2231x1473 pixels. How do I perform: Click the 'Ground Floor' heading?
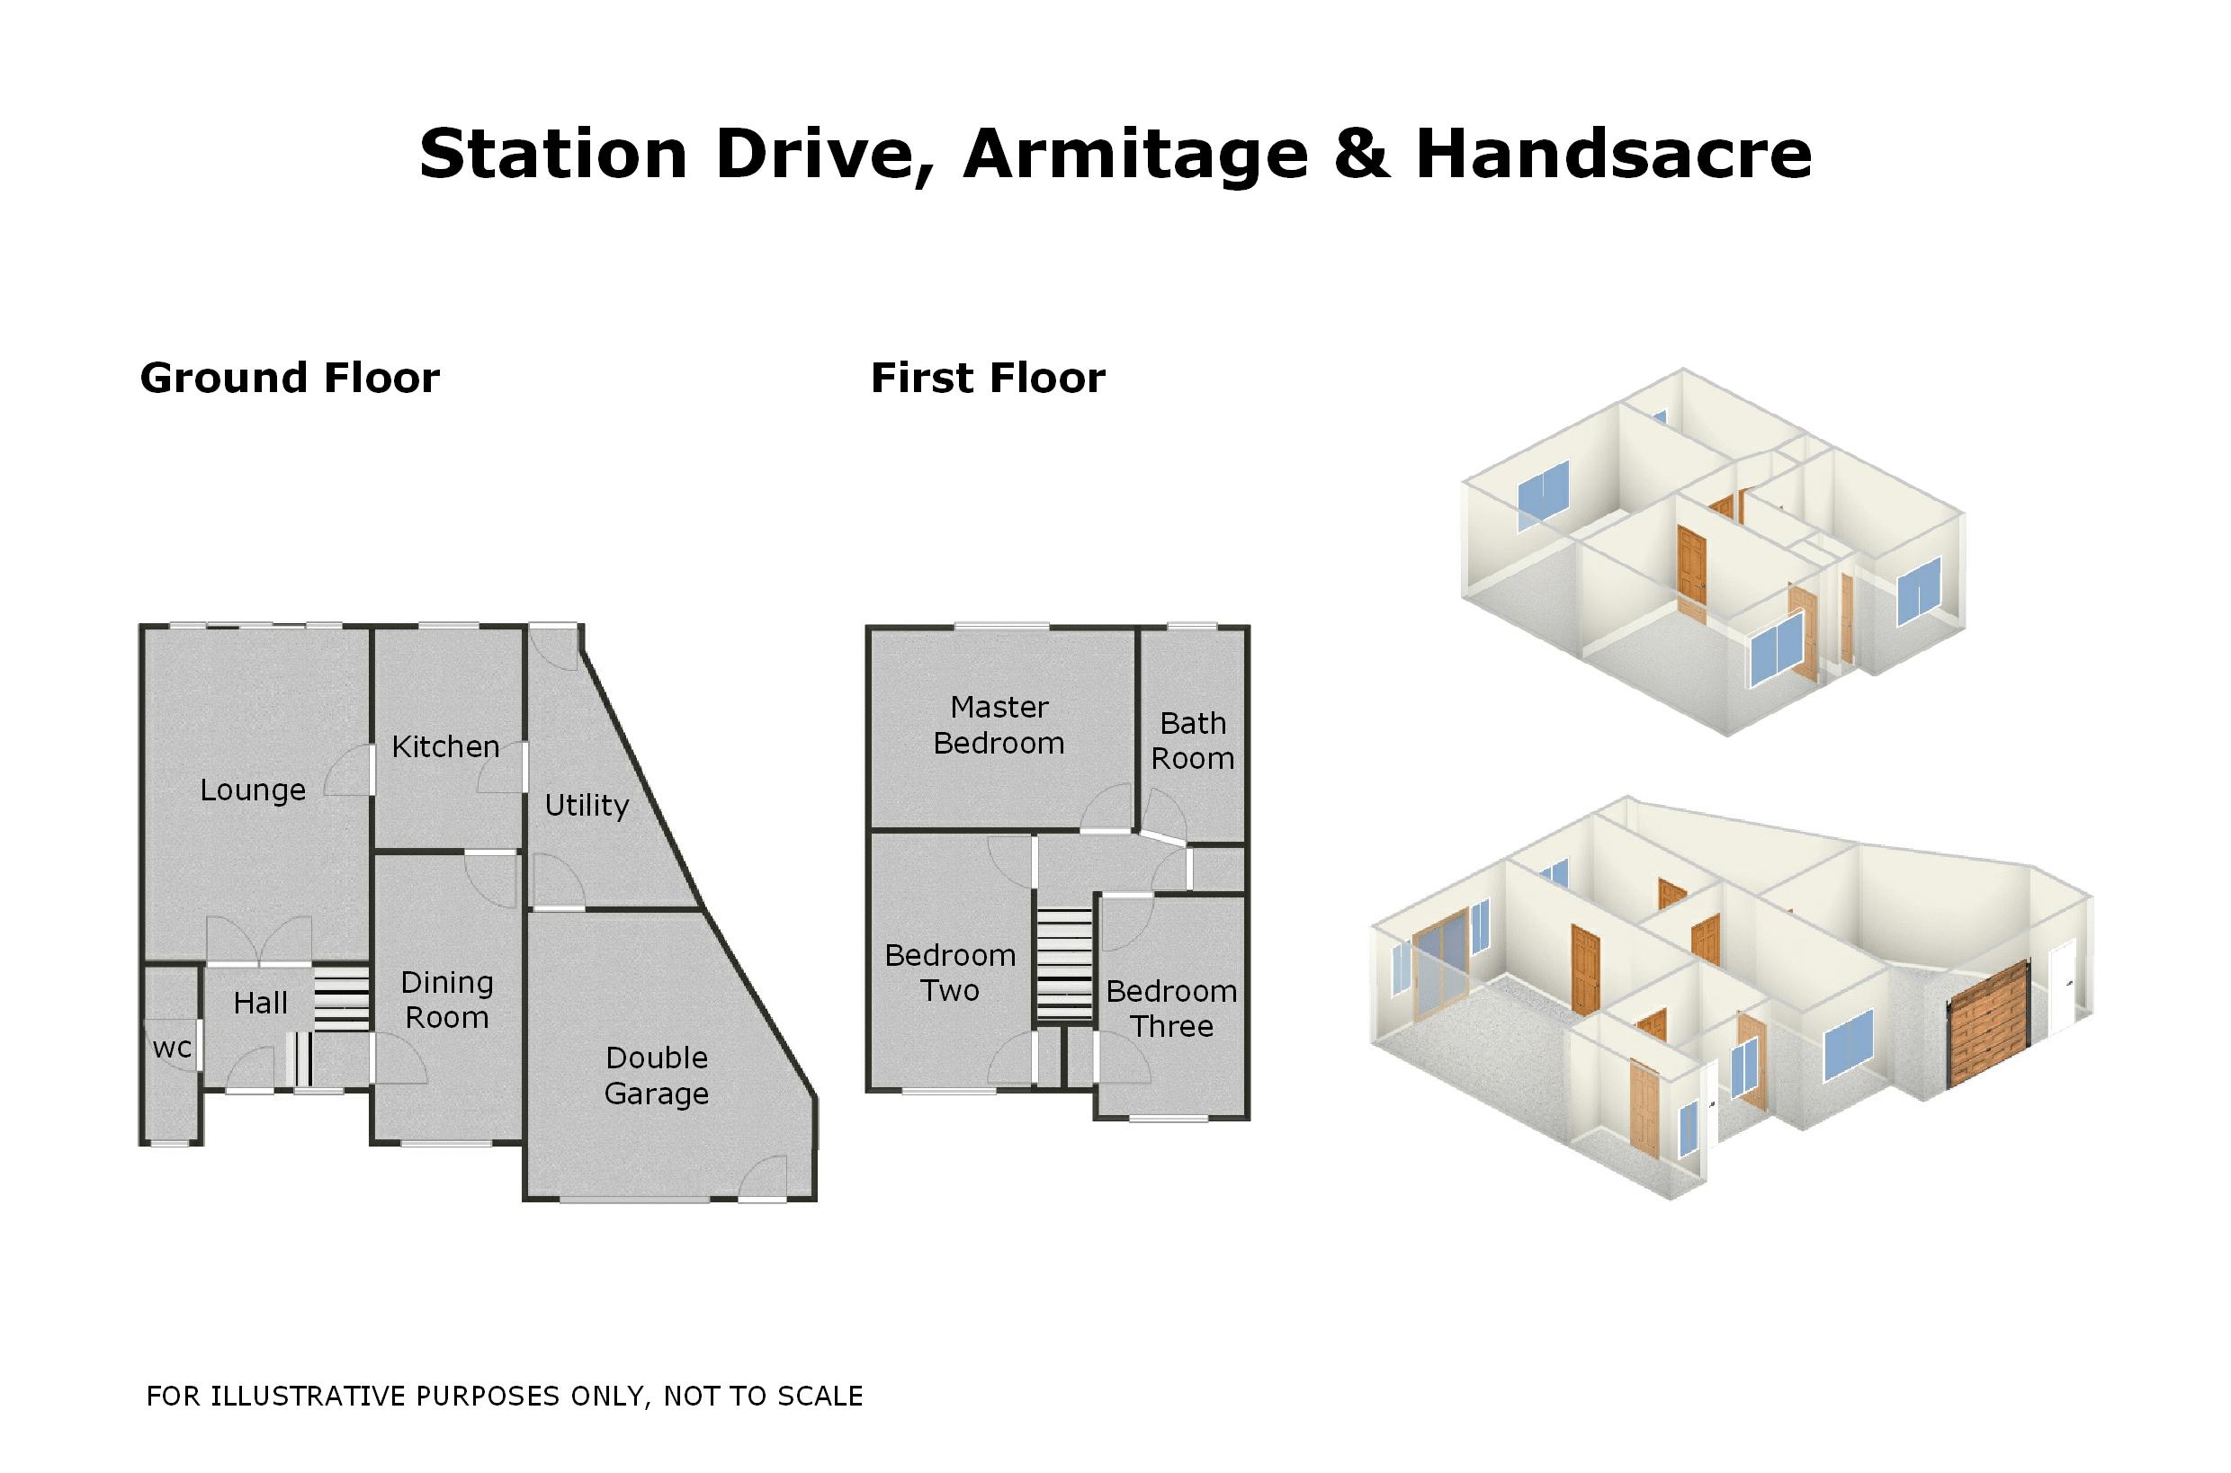(x=290, y=378)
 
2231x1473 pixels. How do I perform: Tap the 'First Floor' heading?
(x=988, y=378)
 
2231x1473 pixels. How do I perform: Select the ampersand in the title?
(x=1362, y=153)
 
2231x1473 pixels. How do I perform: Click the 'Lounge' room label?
(x=253, y=790)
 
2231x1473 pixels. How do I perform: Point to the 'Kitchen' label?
(x=445, y=746)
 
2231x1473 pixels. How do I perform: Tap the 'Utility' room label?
(x=587, y=805)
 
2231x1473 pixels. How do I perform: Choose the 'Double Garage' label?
(x=657, y=1076)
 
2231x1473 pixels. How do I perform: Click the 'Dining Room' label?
(x=446, y=1000)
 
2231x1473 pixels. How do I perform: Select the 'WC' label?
(x=172, y=1049)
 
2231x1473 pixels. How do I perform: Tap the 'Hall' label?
(x=260, y=1004)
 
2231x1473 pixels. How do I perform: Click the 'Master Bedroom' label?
(x=999, y=724)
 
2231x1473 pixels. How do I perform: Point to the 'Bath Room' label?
(x=1193, y=740)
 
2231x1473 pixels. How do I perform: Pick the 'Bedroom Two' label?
(x=950, y=972)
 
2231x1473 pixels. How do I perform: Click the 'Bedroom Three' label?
(x=1171, y=1008)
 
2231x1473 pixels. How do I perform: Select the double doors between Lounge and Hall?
(x=258, y=942)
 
